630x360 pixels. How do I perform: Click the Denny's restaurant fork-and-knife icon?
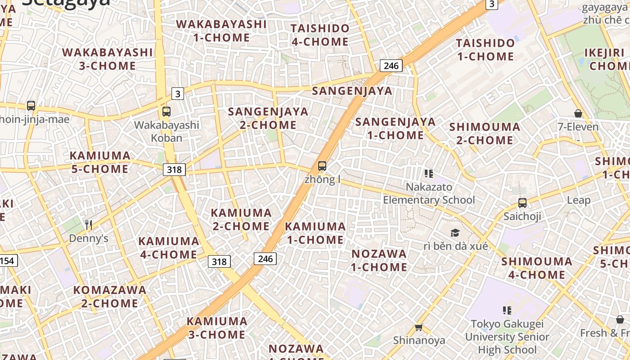point(89,225)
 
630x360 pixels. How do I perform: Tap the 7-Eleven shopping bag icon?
point(578,113)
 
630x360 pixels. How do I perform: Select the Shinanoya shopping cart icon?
point(419,327)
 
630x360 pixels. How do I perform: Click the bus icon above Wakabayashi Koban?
point(166,111)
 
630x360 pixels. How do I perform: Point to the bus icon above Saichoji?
point(522,203)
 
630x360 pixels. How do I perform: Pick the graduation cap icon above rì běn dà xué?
point(455,233)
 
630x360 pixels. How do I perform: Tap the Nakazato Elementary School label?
point(429,193)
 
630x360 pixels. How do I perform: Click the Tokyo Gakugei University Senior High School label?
point(507,337)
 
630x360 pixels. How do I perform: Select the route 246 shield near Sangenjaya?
point(391,66)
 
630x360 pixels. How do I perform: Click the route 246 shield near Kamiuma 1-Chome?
point(265,258)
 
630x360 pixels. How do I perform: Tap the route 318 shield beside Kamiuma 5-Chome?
point(174,169)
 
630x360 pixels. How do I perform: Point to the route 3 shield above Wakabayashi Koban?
point(178,94)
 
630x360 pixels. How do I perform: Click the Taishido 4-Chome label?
point(320,35)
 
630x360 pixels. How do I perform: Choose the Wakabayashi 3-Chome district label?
point(108,59)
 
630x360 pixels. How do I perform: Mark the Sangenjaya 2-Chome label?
point(268,118)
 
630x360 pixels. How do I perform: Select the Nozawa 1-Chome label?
point(379,260)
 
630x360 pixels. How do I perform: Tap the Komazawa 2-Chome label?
point(110,297)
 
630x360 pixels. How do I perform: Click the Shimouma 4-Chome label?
point(537,268)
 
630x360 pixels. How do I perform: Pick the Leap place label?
point(579,200)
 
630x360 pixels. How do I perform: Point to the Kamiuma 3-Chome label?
point(217,328)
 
